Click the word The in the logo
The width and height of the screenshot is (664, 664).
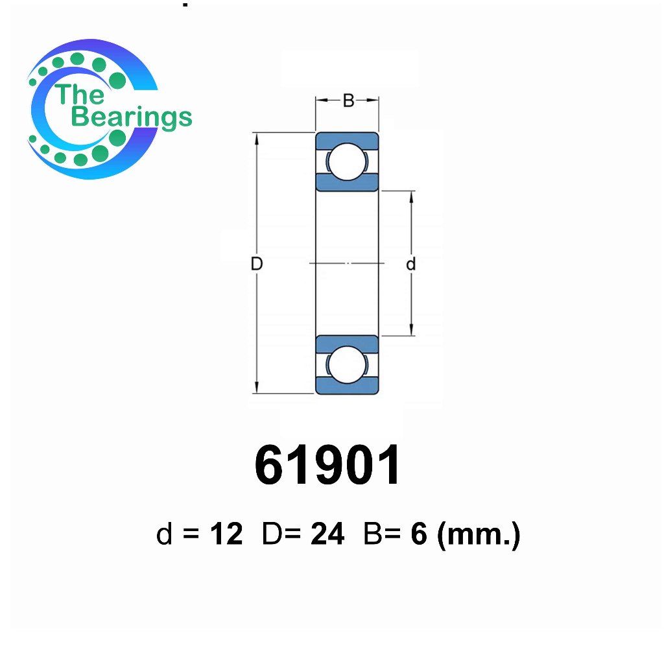[79, 94]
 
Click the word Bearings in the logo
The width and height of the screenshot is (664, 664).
[132, 117]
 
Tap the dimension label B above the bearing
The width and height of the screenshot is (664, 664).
[348, 101]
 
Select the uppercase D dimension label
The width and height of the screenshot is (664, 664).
[257, 263]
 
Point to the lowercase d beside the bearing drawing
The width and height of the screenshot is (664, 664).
[410, 264]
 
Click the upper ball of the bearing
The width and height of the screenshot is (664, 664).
[347, 161]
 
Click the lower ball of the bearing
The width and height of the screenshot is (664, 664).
[347, 365]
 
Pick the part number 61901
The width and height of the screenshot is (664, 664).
[327, 465]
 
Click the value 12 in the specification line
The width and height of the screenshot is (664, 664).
[226, 534]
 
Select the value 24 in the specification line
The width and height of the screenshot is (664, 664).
[327, 534]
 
